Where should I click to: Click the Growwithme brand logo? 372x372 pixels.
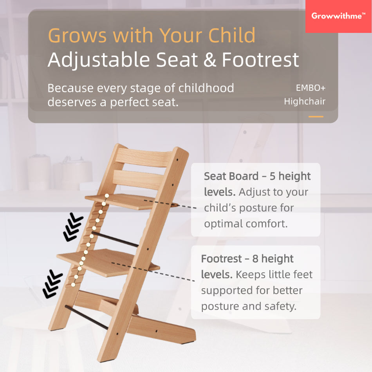(x=338, y=16)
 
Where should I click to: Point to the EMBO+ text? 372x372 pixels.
(x=311, y=88)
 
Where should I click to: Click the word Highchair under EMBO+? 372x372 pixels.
(x=305, y=101)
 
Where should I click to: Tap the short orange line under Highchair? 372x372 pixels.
(x=316, y=117)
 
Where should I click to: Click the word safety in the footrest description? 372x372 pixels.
(x=280, y=306)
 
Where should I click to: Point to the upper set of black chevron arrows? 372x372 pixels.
(x=73, y=228)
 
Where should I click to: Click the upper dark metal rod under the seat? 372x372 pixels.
(x=115, y=239)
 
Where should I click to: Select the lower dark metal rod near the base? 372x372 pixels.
(x=87, y=318)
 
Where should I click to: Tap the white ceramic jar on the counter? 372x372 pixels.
(x=39, y=173)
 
